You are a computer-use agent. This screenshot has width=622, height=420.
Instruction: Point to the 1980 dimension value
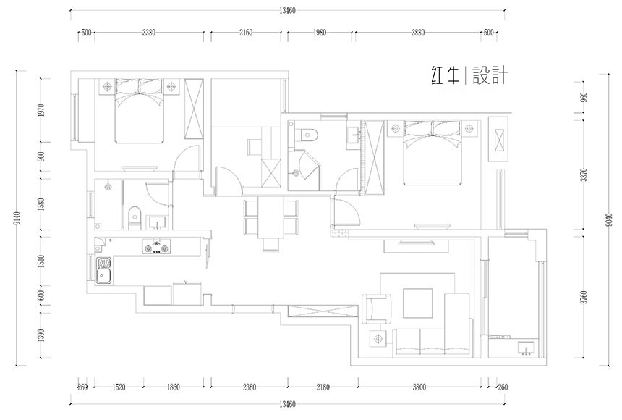[x=320, y=33]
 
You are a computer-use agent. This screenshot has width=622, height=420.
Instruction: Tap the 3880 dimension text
[x=418, y=33]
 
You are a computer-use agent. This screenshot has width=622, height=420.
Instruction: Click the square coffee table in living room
[x=417, y=303]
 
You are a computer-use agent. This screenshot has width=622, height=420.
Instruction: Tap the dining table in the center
[x=270, y=219]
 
